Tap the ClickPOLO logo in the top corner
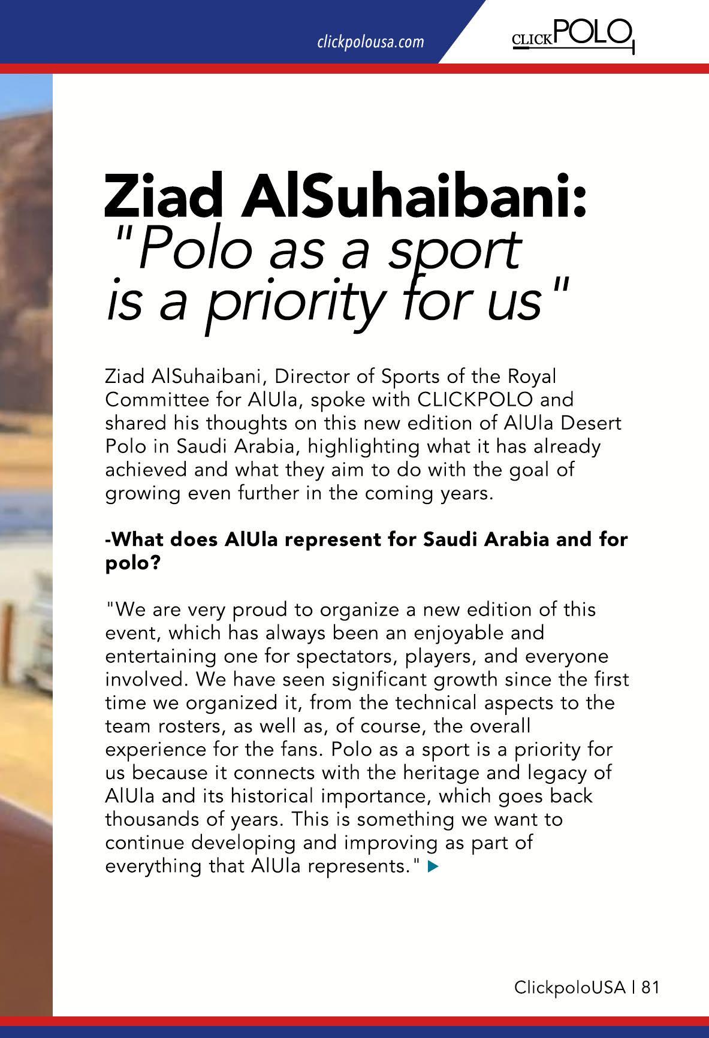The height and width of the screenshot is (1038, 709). click(x=572, y=34)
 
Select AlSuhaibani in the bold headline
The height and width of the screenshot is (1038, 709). click(x=414, y=195)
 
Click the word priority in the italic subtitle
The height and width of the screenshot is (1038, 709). click(x=294, y=301)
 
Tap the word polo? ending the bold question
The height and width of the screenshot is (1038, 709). click(x=132, y=564)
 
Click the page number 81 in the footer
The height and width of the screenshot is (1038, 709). click(x=650, y=987)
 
